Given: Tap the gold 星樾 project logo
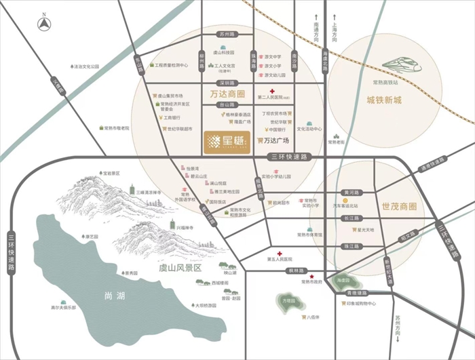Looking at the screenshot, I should pyautogui.click(x=228, y=142).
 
